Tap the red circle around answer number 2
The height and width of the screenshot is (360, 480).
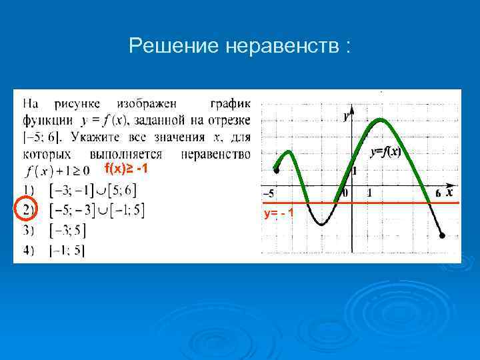(x=25, y=210)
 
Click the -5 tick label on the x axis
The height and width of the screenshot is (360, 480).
(x=268, y=193)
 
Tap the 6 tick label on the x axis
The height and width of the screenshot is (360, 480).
(x=437, y=193)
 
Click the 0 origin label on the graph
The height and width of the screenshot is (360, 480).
(x=344, y=193)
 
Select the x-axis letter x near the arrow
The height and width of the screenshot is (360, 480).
(x=449, y=192)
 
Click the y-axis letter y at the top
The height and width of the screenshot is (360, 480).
(x=346, y=117)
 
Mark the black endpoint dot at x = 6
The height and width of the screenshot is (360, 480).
(x=442, y=235)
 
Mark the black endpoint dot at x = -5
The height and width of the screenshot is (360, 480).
(x=277, y=170)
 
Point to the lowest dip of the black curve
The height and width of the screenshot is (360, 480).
(x=321, y=225)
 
